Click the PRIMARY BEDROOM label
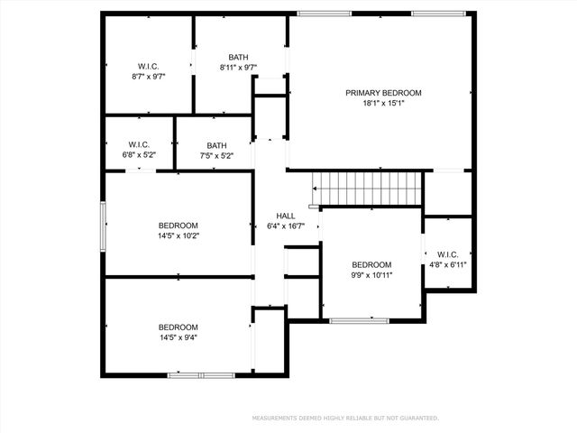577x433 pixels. (383, 93)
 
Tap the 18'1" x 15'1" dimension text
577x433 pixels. (383, 104)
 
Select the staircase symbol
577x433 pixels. (368, 189)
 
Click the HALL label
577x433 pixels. (286, 216)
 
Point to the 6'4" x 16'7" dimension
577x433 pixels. (286, 226)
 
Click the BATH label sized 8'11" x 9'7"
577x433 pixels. (238, 56)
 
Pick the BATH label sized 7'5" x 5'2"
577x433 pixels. (216, 145)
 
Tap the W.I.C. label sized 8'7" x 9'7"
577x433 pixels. (149, 67)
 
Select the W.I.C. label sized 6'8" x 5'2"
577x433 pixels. (138, 144)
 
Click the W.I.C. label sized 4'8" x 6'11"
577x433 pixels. (448, 254)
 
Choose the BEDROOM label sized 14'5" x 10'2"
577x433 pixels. (179, 226)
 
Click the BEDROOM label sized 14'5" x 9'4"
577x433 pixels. (179, 327)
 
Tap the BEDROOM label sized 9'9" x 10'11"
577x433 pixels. (371, 264)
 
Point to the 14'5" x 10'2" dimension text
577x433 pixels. (179, 236)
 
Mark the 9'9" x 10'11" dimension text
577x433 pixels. (371, 275)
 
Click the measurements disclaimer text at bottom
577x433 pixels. (345, 419)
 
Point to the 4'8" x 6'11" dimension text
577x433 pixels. (448, 265)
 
